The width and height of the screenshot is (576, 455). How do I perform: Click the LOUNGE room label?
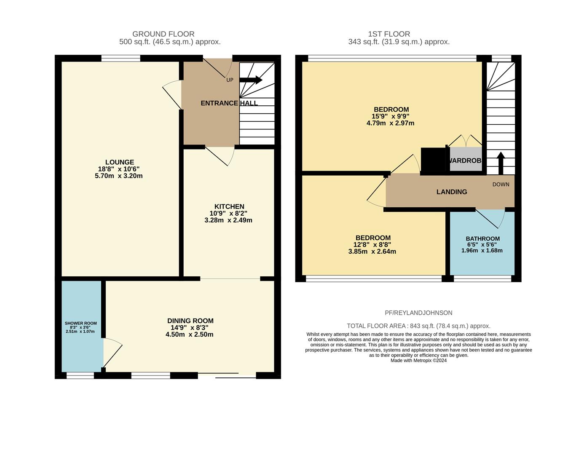(x=120, y=162)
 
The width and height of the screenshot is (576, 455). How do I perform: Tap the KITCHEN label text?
(x=229, y=206)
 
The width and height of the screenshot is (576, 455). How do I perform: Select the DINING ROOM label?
(x=190, y=321)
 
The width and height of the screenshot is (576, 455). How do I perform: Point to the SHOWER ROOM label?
(x=80, y=323)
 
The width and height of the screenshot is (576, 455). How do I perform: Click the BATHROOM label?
(x=483, y=239)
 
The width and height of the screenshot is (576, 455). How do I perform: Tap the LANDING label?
(x=452, y=192)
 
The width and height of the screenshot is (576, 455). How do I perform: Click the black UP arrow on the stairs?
(x=251, y=80)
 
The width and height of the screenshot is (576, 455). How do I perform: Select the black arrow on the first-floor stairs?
(x=501, y=163)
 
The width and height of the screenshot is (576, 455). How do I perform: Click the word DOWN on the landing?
(x=501, y=185)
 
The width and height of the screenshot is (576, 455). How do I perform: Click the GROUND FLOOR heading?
(x=163, y=34)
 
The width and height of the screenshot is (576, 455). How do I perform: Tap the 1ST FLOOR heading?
(x=389, y=34)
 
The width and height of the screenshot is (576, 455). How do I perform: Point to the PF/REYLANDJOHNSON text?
(x=418, y=313)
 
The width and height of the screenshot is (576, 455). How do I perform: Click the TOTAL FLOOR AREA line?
(x=418, y=326)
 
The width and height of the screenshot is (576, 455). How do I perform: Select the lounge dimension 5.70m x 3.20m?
(x=119, y=176)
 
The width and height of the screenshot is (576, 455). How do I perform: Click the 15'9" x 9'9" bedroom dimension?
(x=391, y=116)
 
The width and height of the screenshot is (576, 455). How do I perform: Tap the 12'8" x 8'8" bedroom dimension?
(x=372, y=245)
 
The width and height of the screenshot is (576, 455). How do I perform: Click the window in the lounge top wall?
(x=121, y=58)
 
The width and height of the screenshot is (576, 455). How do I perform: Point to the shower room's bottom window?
(x=80, y=375)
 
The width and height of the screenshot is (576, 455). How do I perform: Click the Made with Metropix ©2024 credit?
(x=418, y=361)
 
